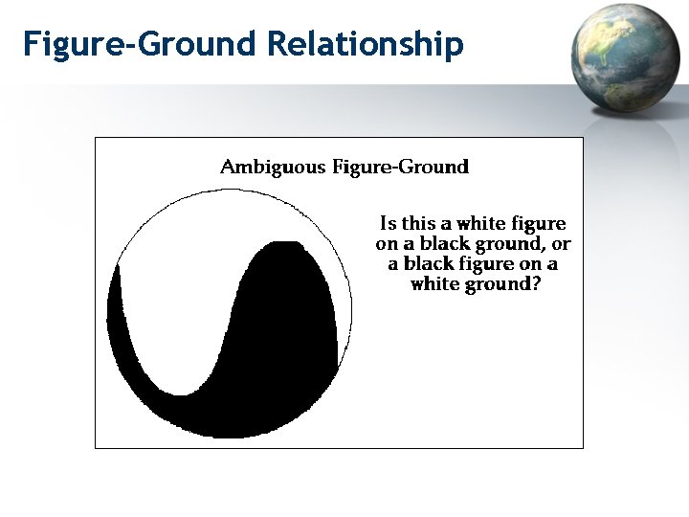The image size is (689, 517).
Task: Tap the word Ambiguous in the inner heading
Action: click(273, 168)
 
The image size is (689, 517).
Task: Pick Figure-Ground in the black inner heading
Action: click(400, 168)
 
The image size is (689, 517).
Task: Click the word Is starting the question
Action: click(388, 223)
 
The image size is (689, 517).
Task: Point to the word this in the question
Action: click(418, 223)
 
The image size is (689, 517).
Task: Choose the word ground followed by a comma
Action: click(503, 244)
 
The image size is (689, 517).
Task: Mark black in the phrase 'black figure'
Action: click(429, 263)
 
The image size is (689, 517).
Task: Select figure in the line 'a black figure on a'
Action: click(491, 264)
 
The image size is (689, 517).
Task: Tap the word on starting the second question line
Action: click(386, 244)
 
